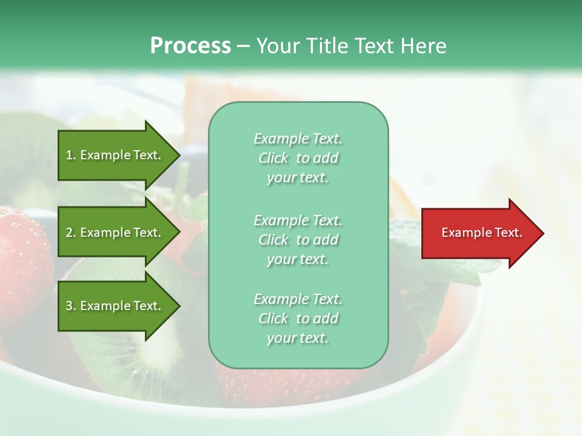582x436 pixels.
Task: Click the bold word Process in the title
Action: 190,46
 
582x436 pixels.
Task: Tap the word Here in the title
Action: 423,46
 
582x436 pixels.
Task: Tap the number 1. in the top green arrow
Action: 71,155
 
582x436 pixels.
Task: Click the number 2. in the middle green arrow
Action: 71,233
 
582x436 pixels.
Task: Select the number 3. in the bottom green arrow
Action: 71,306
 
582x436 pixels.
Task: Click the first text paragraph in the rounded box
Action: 298,158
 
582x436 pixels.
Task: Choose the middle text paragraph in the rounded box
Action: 298,240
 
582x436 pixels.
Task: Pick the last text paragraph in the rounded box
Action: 298,319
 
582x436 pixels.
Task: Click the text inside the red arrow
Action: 482,233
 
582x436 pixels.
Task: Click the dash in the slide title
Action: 243,46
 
